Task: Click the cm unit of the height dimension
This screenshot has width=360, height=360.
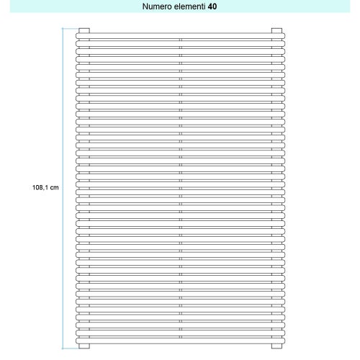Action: (54, 187)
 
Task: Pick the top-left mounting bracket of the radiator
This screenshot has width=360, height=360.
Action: (84, 30)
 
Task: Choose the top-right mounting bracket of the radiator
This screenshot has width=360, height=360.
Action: (276, 30)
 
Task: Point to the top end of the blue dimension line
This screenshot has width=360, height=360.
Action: (63, 29)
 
